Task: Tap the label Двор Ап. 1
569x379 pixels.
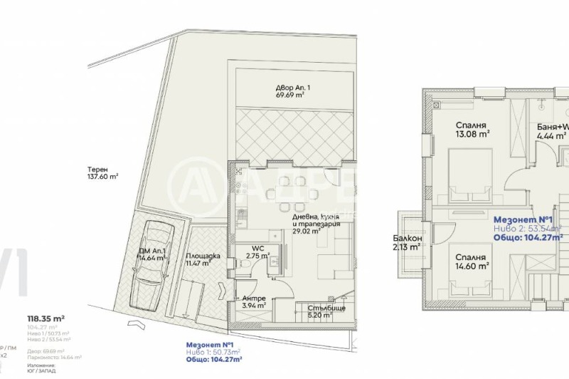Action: point(293,88)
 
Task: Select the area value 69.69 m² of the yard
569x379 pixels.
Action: point(291,95)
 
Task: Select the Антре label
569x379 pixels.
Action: point(253,298)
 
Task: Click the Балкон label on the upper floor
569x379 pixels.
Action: point(408,239)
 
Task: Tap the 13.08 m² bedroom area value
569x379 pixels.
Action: point(472,133)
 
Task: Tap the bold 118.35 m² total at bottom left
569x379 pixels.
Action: point(46,318)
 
